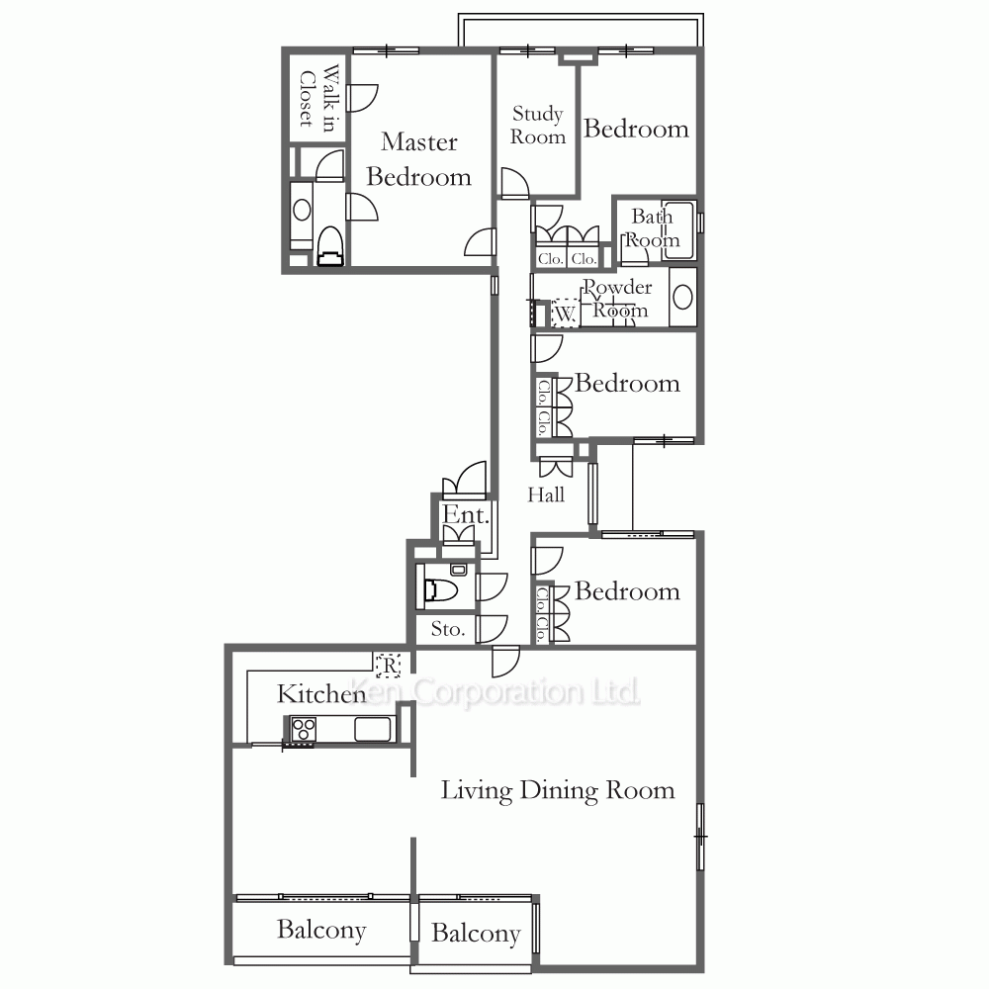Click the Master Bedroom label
[418, 159]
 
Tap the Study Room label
[537, 125]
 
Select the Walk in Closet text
[318, 98]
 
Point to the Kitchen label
[321, 694]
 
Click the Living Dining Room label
[558, 791]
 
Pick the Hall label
[546, 494]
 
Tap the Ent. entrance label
[466, 514]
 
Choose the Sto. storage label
[448, 629]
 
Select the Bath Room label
[652, 227]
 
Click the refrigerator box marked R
[389, 665]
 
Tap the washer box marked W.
[565, 313]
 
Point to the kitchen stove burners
[303, 730]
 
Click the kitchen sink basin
[373, 730]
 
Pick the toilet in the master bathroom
[330, 246]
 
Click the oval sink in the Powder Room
[683, 297]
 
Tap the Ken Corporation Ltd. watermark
[494, 692]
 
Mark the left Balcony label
[321, 931]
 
